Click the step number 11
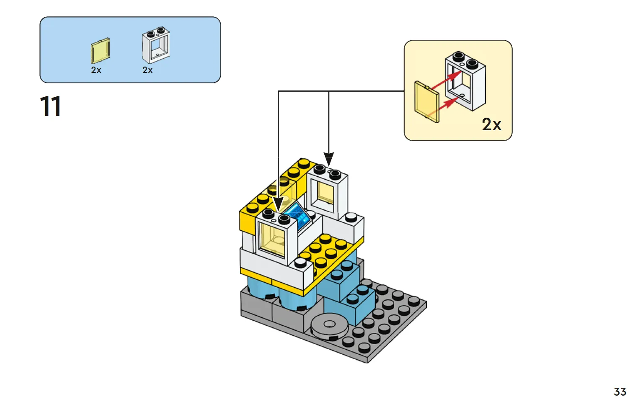[x=51, y=106]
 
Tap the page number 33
[x=620, y=391]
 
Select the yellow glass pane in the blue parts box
[x=100, y=51]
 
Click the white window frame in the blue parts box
[x=155, y=45]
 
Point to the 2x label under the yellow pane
[x=96, y=70]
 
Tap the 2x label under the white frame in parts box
[x=147, y=70]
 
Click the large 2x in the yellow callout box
[x=491, y=124]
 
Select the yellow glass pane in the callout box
[x=427, y=102]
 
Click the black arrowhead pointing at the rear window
[x=329, y=159]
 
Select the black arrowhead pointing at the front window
[x=278, y=204]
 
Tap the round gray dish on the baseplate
[x=329, y=325]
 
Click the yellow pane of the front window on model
[x=272, y=239]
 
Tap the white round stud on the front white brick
[x=300, y=262]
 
